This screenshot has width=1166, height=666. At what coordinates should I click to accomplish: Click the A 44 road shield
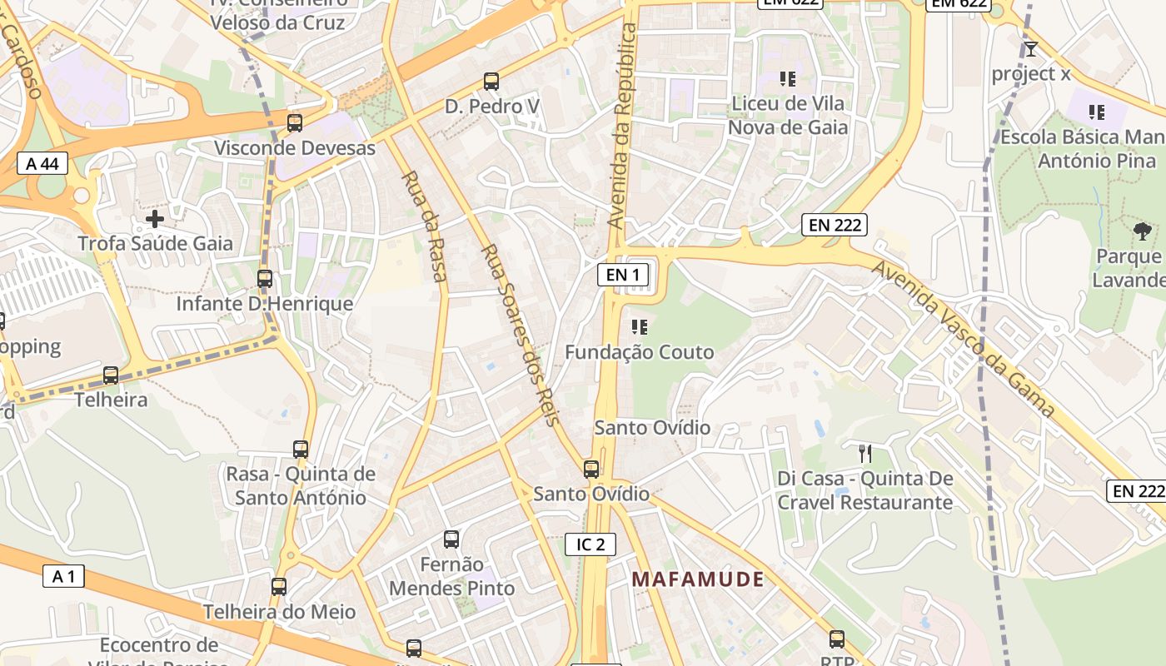click(42, 163)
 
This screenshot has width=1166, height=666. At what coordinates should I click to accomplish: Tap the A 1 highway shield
click(63, 576)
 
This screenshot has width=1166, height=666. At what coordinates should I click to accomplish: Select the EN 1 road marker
click(623, 275)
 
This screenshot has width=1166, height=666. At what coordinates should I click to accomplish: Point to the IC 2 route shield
click(590, 544)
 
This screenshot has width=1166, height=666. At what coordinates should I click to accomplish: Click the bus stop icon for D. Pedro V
click(491, 82)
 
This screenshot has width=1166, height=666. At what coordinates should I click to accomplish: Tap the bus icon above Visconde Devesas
click(295, 123)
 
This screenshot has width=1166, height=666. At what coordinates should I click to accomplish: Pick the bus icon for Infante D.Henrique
click(265, 279)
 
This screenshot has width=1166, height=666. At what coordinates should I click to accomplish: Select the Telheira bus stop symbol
click(111, 375)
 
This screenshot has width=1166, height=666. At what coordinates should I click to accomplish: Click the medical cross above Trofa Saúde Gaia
click(155, 219)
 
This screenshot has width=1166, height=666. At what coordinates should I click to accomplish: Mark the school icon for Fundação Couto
click(640, 327)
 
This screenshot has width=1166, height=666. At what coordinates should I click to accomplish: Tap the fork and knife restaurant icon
click(865, 454)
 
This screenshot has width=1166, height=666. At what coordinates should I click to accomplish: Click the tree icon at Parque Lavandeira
click(1143, 231)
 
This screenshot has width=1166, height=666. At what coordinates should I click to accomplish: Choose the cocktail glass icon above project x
click(1031, 48)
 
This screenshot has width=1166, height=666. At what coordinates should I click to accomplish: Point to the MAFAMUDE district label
click(697, 579)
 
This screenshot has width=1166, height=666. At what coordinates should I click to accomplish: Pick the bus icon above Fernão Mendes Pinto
click(451, 539)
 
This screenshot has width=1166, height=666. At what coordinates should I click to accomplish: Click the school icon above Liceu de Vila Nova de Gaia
click(788, 79)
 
